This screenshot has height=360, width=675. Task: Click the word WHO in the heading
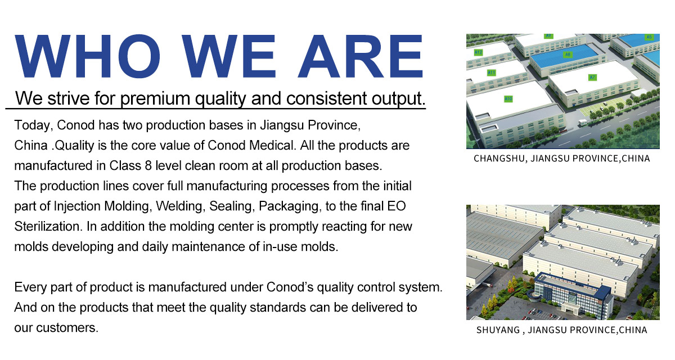click(x=87, y=56)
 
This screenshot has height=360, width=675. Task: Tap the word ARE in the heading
click(x=361, y=56)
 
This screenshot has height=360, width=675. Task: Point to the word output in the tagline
click(x=398, y=99)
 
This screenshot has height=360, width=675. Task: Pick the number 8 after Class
click(x=148, y=166)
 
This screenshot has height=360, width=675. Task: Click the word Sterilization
click(x=48, y=227)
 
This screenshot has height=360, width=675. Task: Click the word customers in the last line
click(x=67, y=328)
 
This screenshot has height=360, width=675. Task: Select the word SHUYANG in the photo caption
click(x=498, y=330)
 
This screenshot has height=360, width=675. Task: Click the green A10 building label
click(x=508, y=99)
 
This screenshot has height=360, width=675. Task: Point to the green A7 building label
click(x=592, y=78)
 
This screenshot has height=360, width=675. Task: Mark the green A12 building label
click(x=478, y=52)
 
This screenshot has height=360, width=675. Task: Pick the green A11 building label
click(x=492, y=73)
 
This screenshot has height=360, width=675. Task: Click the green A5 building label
click(x=649, y=37)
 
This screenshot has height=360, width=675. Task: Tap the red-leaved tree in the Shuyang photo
click(x=510, y=289)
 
